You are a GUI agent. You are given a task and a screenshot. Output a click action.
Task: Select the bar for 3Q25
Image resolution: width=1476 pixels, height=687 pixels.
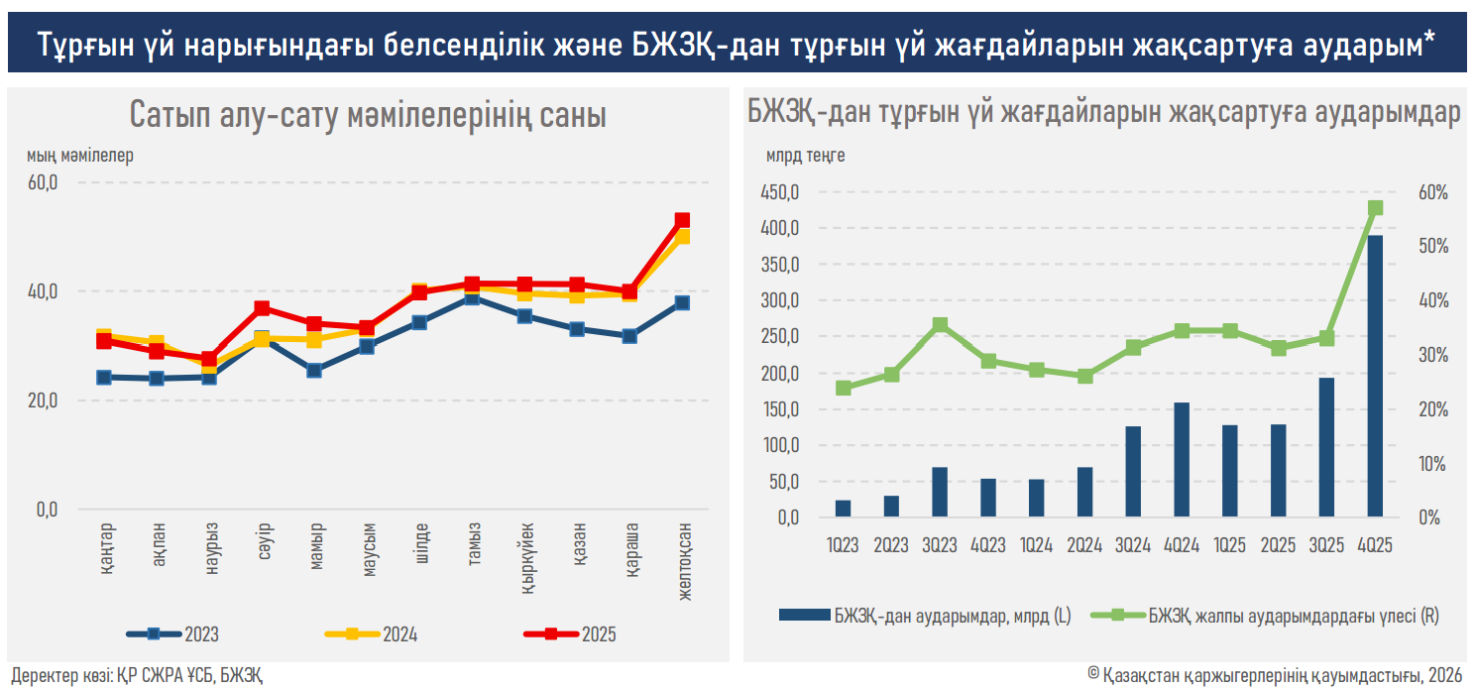pyautogui.click(x=1326, y=447)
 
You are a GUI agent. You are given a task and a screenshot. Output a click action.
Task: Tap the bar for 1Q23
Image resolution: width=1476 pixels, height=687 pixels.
pyautogui.click(x=843, y=508)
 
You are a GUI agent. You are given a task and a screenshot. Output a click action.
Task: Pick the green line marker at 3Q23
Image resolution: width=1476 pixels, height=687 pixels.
pyautogui.click(x=940, y=325)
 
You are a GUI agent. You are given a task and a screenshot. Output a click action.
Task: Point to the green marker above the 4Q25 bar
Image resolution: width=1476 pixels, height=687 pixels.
pyautogui.click(x=1375, y=208)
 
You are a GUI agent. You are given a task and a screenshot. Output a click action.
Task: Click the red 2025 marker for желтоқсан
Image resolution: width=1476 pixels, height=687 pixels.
pyautogui.click(x=682, y=220)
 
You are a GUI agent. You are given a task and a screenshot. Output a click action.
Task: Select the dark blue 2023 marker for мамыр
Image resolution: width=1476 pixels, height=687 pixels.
pyautogui.click(x=314, y=371)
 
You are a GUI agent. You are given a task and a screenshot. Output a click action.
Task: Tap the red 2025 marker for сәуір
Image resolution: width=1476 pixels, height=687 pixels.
pyautogui.click(x=262, y=308)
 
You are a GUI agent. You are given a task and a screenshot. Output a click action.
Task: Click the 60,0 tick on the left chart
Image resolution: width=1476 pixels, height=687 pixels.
pyautogui.click(x=45, y=182)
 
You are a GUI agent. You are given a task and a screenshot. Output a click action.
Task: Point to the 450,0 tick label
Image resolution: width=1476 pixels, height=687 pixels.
pyautogui.click(x=779, y=192)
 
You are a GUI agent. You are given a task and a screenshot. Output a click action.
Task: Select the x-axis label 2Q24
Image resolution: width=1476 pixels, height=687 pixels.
pyautogui.click(x=1084, y=544)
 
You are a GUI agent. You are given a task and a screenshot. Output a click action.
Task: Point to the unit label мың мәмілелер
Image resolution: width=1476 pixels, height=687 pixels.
pyautogui.click(x=80, y=156)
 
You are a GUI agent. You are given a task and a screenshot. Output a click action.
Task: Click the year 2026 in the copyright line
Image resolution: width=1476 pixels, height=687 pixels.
pyautogui.click(x=1445, y=674)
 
